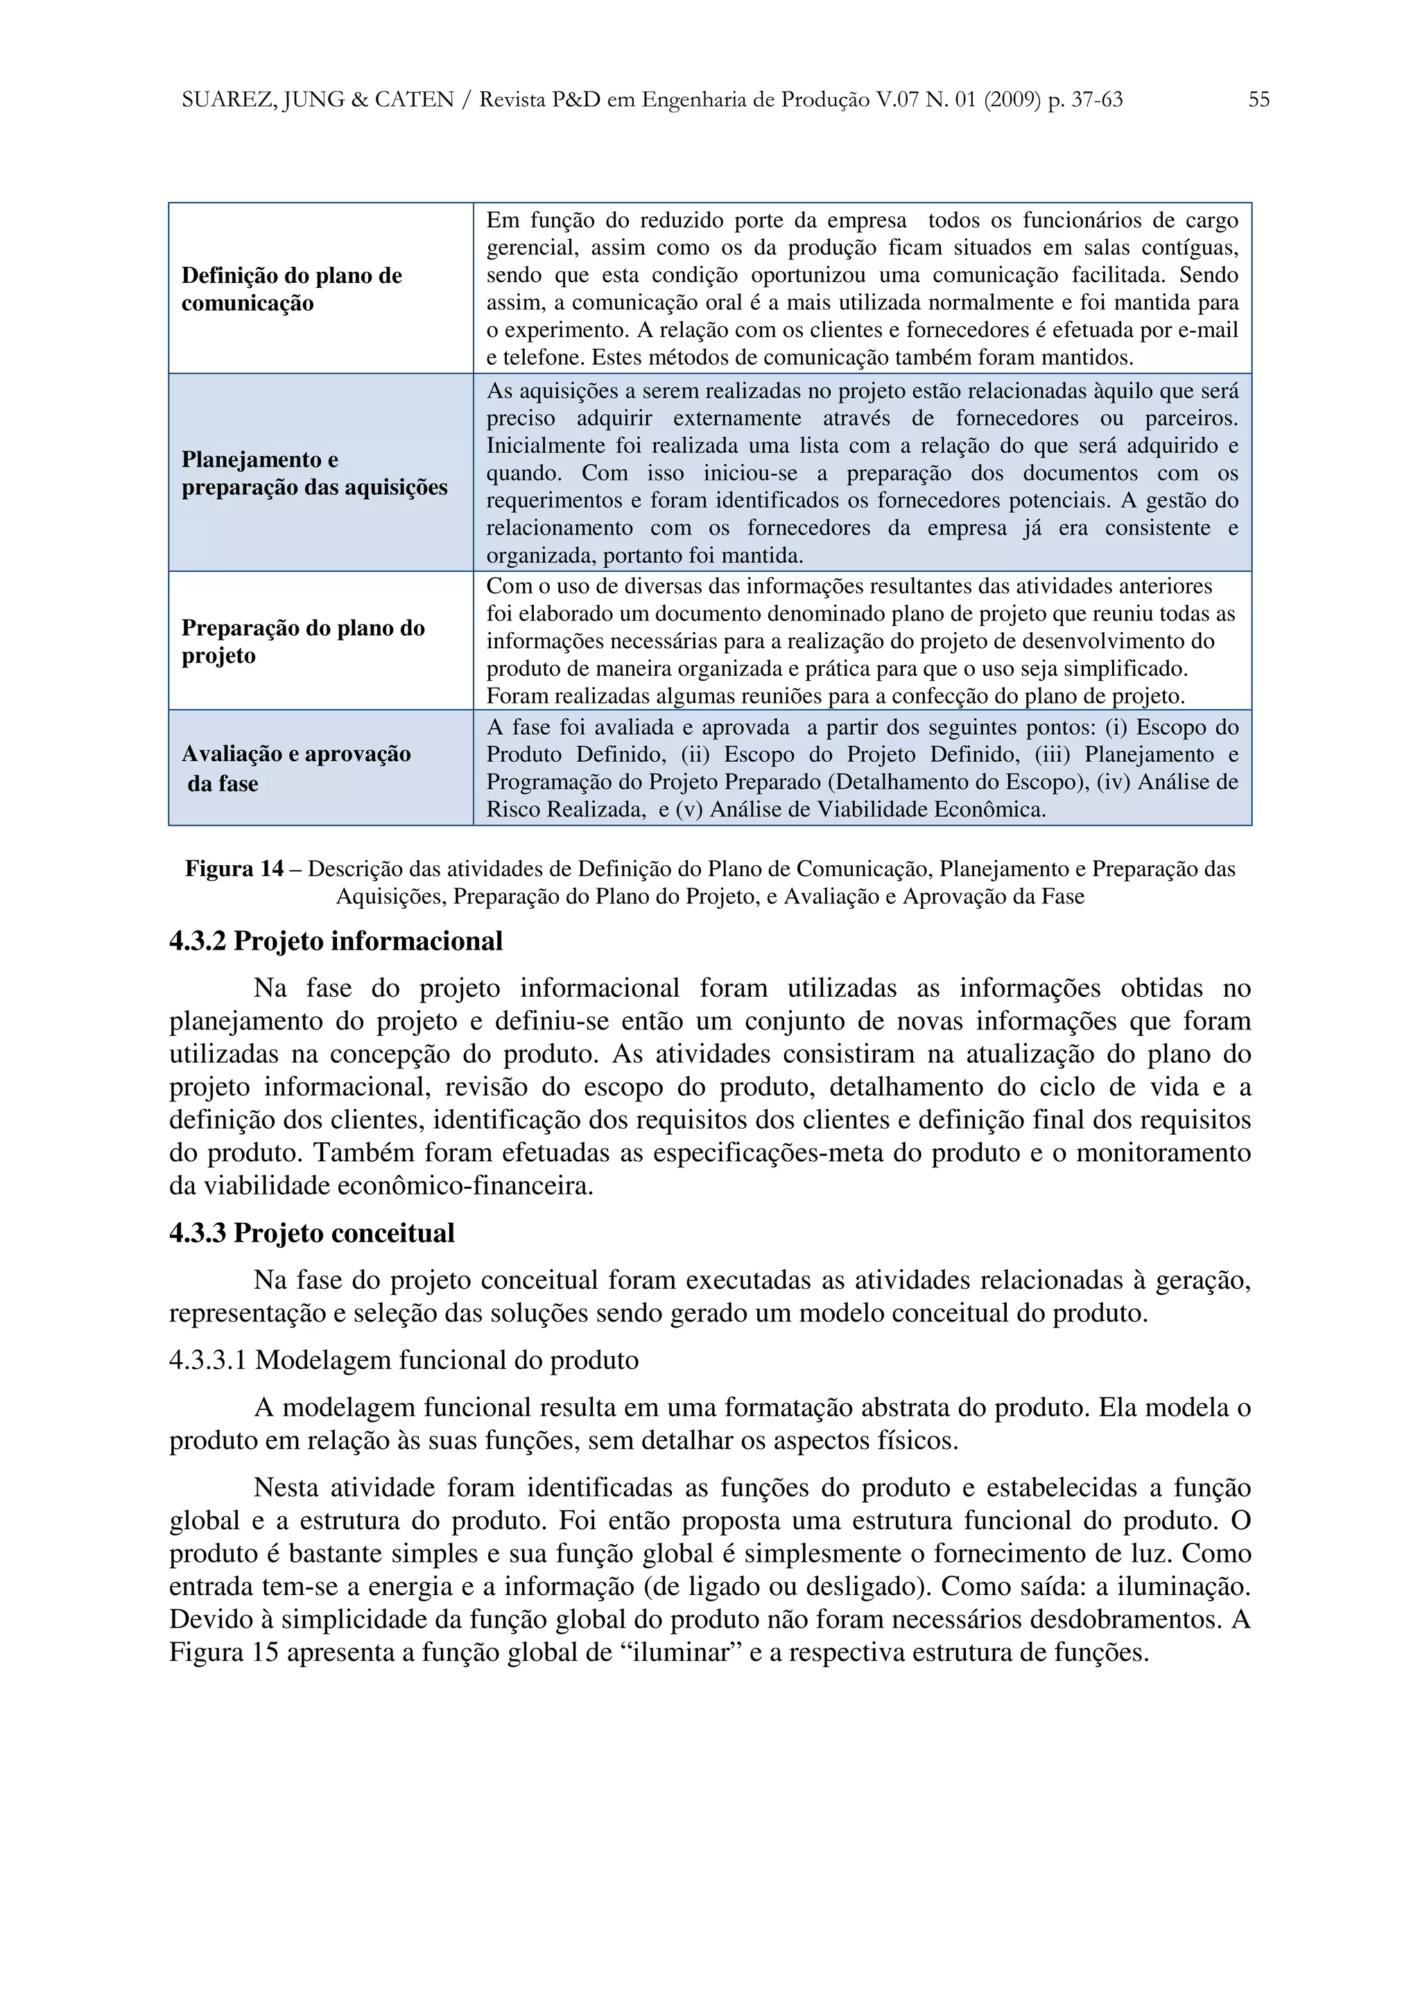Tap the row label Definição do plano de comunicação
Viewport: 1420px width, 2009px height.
coord(291,290)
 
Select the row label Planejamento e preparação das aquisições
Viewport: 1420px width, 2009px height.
coord(314,473)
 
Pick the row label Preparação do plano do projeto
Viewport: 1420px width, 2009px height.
coord(303,641)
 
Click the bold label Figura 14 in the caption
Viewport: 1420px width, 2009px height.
coord(234,869)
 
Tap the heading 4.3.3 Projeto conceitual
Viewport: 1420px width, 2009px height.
coord(311,1233)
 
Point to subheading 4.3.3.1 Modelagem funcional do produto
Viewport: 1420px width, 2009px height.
coord(404,1359)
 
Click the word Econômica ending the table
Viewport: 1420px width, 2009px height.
coord(989,810)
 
